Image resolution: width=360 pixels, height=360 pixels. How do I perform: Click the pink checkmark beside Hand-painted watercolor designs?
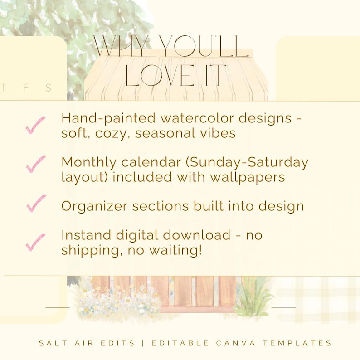tap(35, 125)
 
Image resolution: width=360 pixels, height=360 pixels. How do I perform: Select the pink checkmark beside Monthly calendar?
tap(35, 164)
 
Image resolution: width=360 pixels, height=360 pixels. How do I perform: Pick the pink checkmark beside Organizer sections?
tap(36, 203)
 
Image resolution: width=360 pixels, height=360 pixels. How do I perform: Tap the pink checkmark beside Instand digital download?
tap(35, 242)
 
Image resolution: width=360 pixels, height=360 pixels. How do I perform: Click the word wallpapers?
tap(247, 177)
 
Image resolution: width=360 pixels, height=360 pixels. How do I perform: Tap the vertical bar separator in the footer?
tap(143, 343)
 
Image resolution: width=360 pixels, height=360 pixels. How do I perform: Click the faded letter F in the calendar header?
tap(26, 88)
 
